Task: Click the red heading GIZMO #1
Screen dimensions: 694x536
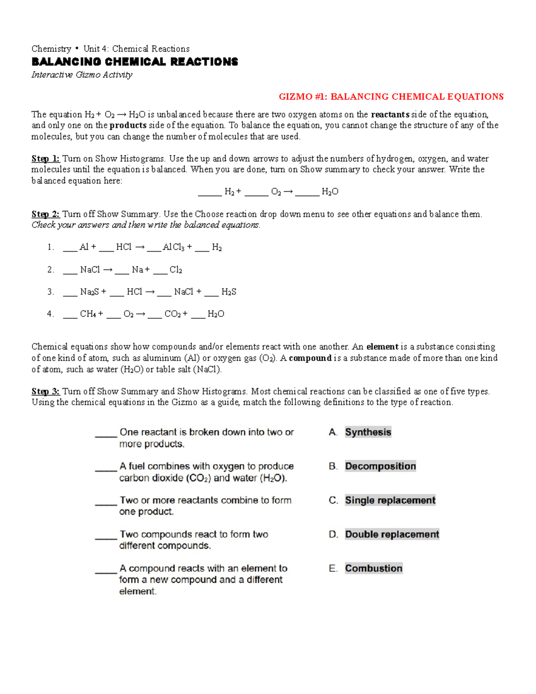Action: pos(391,97)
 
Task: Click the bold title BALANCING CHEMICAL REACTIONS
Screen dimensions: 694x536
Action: pos(134,62)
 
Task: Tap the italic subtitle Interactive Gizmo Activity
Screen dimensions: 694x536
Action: pos(82,75)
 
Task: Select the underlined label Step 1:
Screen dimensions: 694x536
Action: pos(45,159)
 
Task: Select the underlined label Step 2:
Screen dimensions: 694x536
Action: pos(45,214)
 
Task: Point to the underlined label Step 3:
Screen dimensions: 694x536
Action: pos(45,391)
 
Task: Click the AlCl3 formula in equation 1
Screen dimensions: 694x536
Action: pos(173,247)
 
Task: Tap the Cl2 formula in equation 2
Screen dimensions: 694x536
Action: pos(176,269)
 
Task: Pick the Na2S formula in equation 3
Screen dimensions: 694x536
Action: pos(89,292)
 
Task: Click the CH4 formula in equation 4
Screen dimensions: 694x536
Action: pos(88,314)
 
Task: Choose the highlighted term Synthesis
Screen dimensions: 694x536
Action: pos(368,432)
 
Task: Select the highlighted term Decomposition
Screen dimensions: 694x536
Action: pos(380,466)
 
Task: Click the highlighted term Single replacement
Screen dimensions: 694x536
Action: pos(390,500)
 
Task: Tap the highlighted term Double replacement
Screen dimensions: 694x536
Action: pos(392,534)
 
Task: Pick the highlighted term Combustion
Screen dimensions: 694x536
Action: pos(373,568)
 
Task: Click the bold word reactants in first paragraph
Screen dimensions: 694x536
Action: pos(390,114)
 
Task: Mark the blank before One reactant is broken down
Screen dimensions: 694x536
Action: pos(106,434)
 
